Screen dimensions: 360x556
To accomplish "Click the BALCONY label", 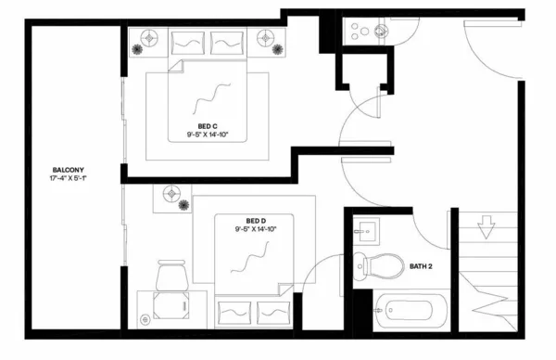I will tap(69, 170).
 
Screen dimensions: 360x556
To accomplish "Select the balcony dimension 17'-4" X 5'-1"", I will tap(69, 179).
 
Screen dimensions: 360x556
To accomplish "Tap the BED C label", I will tap(208, 125).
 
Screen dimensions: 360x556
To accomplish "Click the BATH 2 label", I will tap(423, 267).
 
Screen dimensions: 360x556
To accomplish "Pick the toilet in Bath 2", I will tap(377, 265).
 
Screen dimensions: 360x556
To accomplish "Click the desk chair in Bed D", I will tap(171, 276).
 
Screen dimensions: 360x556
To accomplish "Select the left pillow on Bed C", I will tap(189, 42).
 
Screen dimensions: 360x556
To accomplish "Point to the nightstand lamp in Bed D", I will tap(171, 194).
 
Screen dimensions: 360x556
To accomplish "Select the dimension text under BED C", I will tap(208, 135).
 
